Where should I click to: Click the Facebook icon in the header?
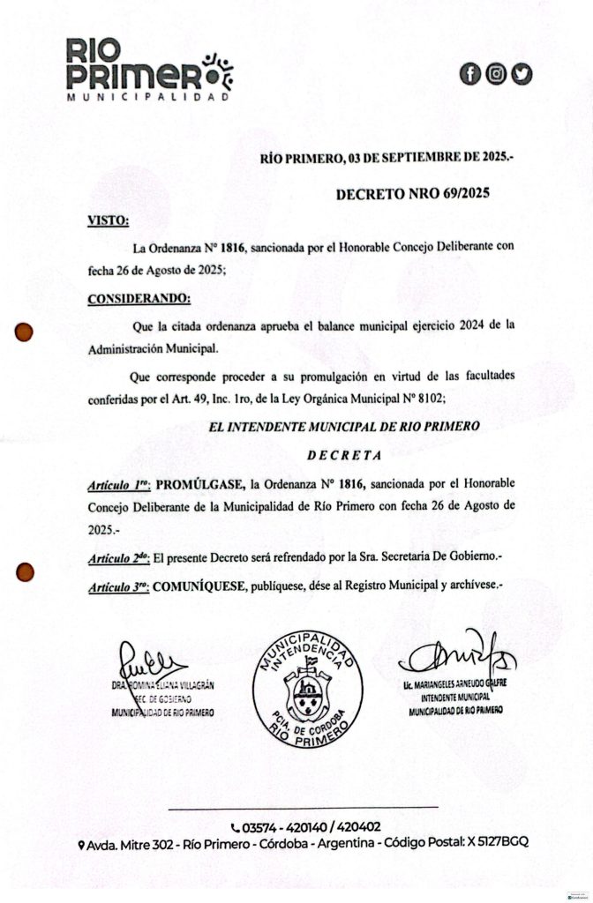click(470, 75)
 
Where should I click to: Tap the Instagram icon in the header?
click(496, 75)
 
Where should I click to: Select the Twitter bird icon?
click(522, 75)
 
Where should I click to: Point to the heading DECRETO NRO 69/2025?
click(412, 192)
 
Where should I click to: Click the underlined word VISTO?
click(108, 220)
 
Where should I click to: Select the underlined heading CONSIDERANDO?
click(139, 299)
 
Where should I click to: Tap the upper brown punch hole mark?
click(25, 332)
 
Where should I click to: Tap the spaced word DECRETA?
click(343, 456)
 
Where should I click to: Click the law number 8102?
click(428, 399)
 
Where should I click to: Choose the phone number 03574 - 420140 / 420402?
click(305, 827)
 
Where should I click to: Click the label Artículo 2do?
click(118, 559)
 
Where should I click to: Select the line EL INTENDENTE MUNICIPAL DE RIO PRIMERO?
click(344, 427)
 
